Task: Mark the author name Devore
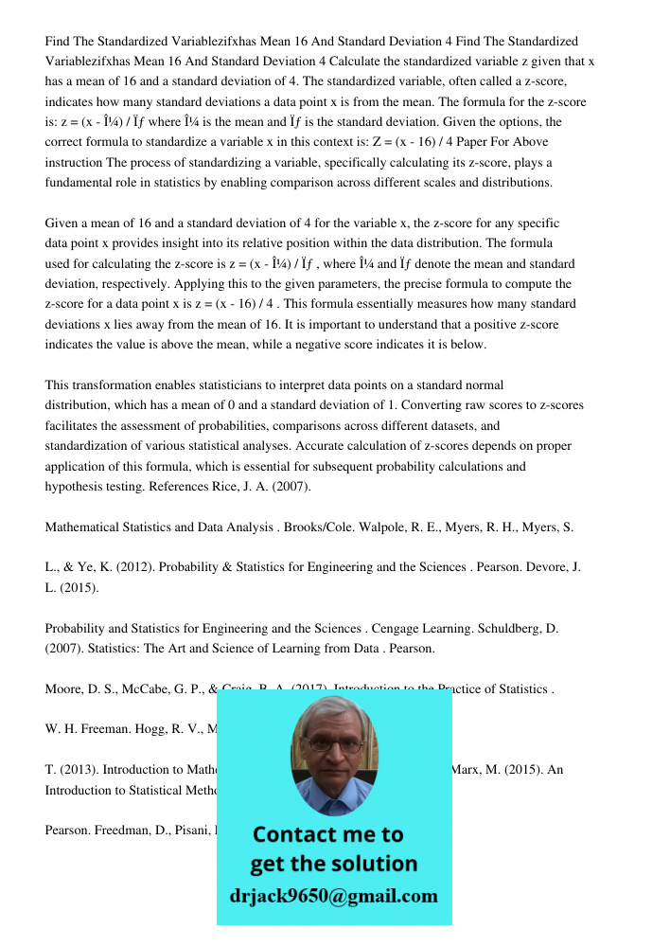544,567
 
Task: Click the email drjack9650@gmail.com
334,896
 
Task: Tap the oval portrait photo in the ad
332,752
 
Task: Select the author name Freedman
123,831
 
